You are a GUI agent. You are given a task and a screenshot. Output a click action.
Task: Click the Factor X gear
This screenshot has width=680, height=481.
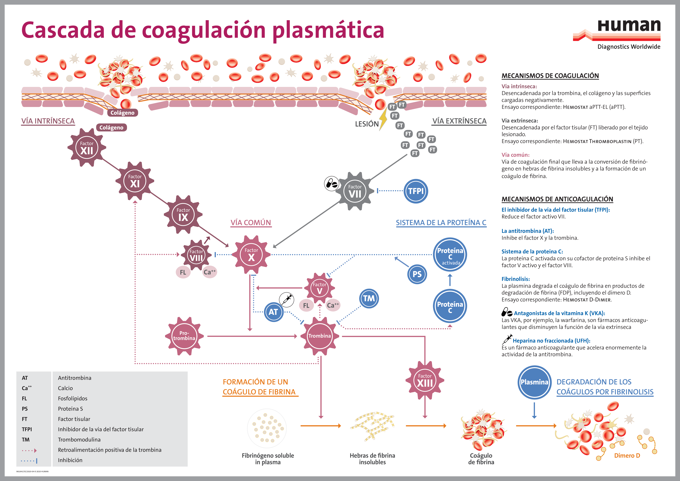click(x=251, y=254)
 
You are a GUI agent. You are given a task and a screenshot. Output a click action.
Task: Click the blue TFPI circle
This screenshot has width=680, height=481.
click(x=416, y=191)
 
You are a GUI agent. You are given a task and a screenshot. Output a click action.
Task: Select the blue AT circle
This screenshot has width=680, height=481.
click(x=273, y=312)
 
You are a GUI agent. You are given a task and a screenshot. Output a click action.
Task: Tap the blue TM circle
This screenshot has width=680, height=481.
click(x=369, y=298)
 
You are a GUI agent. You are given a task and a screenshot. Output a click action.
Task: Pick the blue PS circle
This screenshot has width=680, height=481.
click(x=417, y=274)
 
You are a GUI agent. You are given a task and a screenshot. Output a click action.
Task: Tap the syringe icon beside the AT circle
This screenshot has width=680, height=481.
click(x=286, y=299)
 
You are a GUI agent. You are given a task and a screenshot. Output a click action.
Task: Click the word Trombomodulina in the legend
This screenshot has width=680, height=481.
click(x=79, y=439)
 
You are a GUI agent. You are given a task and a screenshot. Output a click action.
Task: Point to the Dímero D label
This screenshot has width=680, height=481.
click(x=627, y=455)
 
